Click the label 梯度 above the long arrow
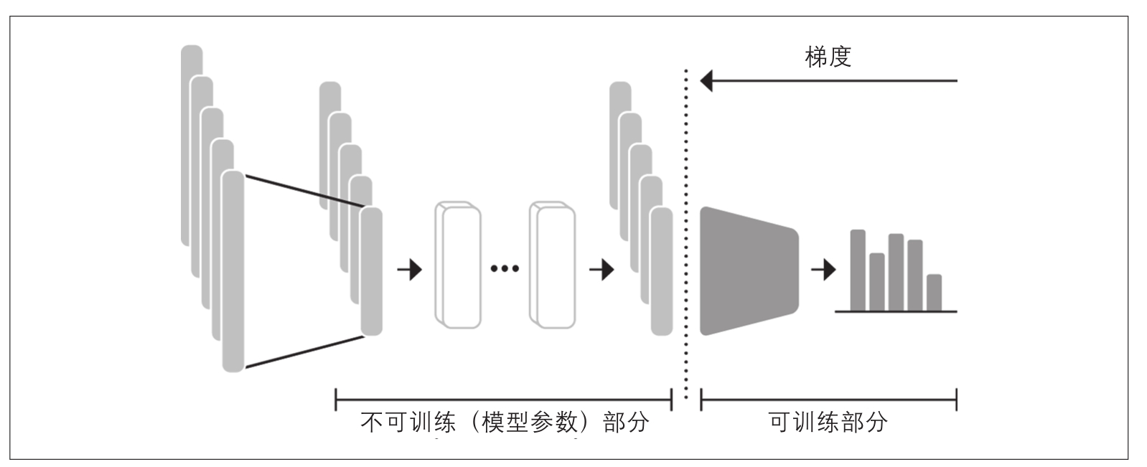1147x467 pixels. pyautogui.click(x=828, y=57)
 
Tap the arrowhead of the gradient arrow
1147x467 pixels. pyautogui.click(x=706, y=81)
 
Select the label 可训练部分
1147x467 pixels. pyautogui.click(x=828, y=423)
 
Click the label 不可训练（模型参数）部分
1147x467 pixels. pyautogui.click(x=505, y=423)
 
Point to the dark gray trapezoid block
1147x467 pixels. pyautogui.click(x=749, y=271)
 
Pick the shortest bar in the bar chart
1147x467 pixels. pyautogui.click(x=934, y=293)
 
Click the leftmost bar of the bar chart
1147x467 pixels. pyautogui.click(x=858, y=270)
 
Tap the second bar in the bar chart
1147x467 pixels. pyautogui.click(x=876, y=282)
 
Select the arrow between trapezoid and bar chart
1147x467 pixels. pyautogui.click(x=823, y=270)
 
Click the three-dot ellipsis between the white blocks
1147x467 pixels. pyautogui.click(x=505, y=268)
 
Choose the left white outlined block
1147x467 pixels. pyautogui.click(x=458, y=265)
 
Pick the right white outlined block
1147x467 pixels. pyautogui.click(x=552, y=265)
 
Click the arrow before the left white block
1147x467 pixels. pyautogui.click(x=410, y=270)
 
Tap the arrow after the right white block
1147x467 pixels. pyautogui.click(x=601, y=270)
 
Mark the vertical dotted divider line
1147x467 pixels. pyautogui.click(x=686, y=234)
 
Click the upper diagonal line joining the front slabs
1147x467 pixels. pyautogui.click(x=304, y=192)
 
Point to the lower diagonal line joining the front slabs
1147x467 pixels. pyautogui.click(x=304, y=352)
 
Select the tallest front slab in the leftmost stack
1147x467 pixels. pyautogui.click(x=233, y=271)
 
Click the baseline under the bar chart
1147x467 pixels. pyautogui.click(x=896, y=311)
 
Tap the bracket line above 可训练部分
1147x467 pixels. pyautogui.click(x=828, y=400)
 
